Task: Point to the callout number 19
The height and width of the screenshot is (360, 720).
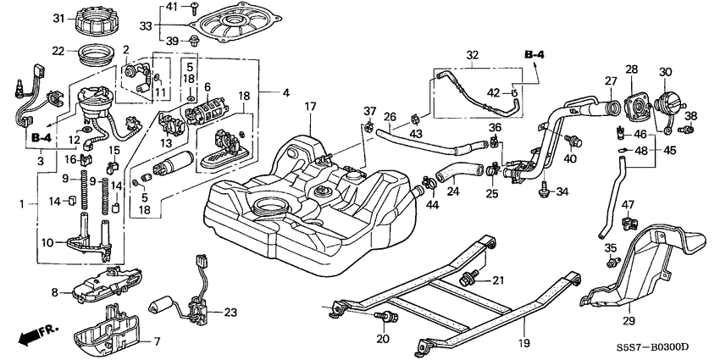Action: pyautogui.click(x=524, y=343)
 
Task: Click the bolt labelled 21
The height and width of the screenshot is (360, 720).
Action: pyautogui.click(x=467, y=277)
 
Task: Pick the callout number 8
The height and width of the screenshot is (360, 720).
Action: pyautogui.click(x=56, y=292)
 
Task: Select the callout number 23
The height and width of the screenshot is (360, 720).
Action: pyautogui.click(x=231, y=313)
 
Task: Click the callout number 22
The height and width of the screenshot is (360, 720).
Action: pyautogui.click(x=59, y=51)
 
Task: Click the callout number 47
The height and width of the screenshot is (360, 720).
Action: pyautogui.click(x=628, y=205)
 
